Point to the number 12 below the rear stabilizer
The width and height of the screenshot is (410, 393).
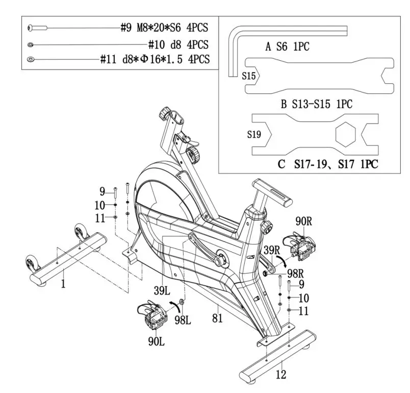pyautogui.click(x=281, y=375)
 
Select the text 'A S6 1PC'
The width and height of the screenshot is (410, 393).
pyautogui.click(x=287, y=47)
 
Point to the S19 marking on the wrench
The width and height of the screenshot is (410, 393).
pyautogui.click(x=254, y=135)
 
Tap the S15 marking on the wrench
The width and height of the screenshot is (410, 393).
pyautogui.click(x=249, y=76)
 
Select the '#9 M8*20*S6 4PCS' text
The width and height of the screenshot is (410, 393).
pyautogui.click(x=165, y=28)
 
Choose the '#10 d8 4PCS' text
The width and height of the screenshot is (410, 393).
pyautogui.click(x=178, y=44)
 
